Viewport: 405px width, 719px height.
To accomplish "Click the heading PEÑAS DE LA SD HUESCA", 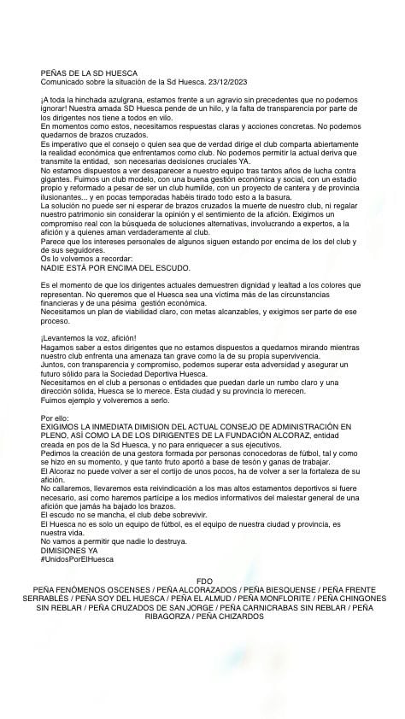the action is click(x=89, y=73).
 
